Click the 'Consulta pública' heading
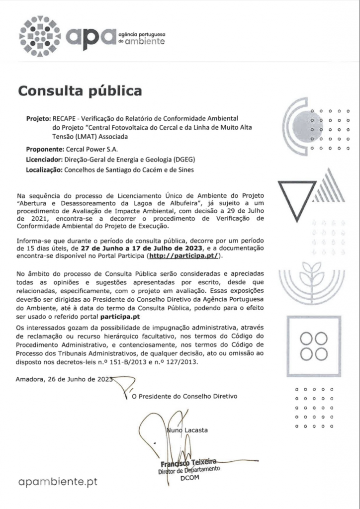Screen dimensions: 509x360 (80, 91)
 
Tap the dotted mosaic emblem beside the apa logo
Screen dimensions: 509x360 (40, 35)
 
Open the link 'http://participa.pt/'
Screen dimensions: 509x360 (183, 256)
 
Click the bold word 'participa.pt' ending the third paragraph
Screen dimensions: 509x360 (120, 316)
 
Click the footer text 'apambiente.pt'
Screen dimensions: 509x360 (58, 481)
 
